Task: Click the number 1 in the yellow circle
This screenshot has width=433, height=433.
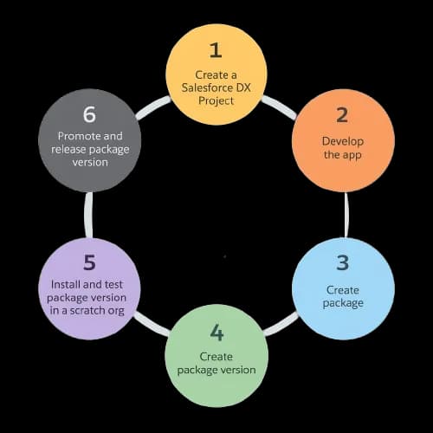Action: pos(216,50)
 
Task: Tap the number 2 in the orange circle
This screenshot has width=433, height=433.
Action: pos(342,115)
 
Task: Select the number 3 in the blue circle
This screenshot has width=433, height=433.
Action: pos(343,262)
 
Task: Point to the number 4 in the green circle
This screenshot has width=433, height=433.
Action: pos(216,333)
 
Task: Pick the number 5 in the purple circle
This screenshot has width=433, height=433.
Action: pos(89,262)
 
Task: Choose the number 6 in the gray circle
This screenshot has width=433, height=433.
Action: pos(89,114)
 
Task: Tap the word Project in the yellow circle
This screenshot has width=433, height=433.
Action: pos(216,100)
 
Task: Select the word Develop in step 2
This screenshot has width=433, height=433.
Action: pos(343,141)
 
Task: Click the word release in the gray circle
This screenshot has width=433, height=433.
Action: pos(68,149)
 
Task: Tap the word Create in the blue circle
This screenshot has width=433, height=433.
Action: pos(343,290)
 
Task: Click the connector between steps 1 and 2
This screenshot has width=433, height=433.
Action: pos(279,107)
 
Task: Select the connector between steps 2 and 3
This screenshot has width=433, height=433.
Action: pos(346,215)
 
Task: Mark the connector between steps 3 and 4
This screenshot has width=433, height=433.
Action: pos(281,324)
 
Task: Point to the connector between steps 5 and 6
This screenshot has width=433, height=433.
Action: pos(88,215)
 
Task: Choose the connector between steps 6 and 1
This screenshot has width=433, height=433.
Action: pos(153,107)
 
